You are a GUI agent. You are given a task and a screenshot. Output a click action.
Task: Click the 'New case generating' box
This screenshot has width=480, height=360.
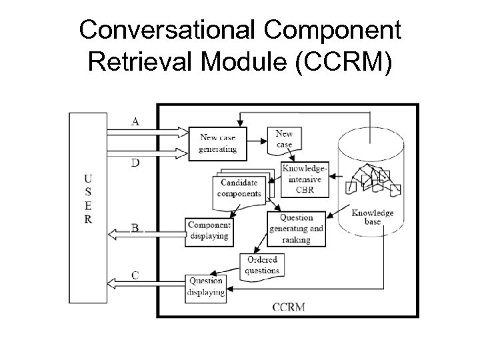coord(217,143)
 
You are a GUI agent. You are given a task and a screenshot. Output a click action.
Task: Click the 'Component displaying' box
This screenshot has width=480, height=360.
coord(208,230)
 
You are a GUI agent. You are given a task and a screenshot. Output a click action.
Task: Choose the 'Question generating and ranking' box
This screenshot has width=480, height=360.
coord(296,229)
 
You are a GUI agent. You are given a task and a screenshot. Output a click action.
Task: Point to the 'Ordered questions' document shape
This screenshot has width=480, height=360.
coord(261,265)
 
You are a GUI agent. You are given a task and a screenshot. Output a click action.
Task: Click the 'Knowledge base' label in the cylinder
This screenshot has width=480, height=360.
coord(373,217)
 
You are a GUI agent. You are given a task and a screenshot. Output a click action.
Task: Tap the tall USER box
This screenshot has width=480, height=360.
coord(88,207)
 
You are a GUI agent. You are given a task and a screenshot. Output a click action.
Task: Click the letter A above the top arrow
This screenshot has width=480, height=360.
coord(135,121)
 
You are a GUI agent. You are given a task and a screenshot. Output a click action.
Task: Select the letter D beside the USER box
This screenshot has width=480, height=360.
coord(135,163)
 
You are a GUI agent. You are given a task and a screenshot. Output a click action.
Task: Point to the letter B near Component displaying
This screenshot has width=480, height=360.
coord(135,228)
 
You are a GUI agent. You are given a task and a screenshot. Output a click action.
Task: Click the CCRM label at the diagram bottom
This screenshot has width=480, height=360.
coord(289,307)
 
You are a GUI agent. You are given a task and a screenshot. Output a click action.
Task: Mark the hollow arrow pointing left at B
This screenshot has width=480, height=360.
coord(147,234)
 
